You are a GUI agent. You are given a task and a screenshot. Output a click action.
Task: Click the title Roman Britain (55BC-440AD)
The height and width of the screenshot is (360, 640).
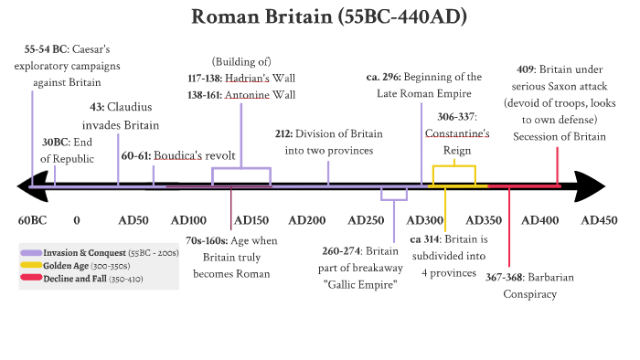tap(320, 17)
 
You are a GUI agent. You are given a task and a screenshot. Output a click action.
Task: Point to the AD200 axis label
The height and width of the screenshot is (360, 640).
tap(307, 220)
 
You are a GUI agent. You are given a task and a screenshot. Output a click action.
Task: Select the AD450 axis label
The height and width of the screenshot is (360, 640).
tap(600, 220)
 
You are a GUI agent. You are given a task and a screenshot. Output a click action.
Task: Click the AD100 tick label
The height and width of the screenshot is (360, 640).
tap(189, 220)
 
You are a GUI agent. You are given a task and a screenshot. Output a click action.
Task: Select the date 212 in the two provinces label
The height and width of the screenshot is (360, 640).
tap(284, 133)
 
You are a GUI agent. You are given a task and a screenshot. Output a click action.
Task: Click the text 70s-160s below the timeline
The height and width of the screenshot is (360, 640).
tap(206, 239)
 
